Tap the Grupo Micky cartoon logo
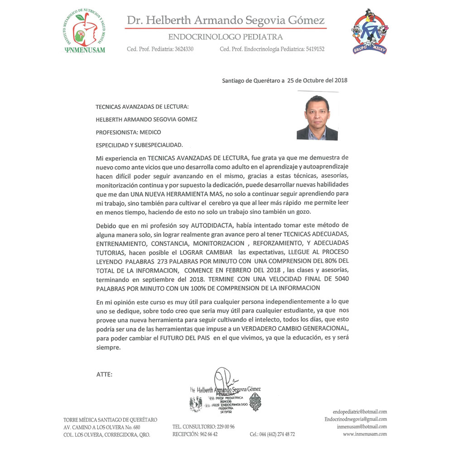point(369,32)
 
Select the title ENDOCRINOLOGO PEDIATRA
point(225,37)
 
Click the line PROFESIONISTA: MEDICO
point(128,132)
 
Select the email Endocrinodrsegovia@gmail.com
point(356,419)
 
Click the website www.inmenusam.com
point(365,434)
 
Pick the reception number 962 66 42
point(208,434)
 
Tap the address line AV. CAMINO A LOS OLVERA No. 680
point(102,427)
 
